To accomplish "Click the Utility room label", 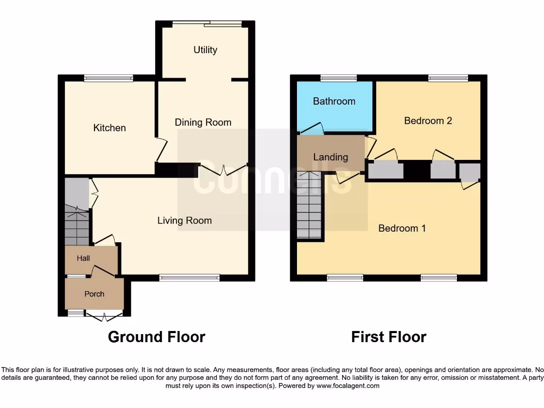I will click(205, 50).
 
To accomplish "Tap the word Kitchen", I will click(109, 128).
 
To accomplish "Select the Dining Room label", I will click(203, 123).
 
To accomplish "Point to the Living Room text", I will click(184, 220).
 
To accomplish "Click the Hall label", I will click(83, 259).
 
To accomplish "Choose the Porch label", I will click(95, 294).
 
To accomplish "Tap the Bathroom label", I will click(334, 101).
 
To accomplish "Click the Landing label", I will click(330, 157).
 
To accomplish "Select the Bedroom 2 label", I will click(428, 121).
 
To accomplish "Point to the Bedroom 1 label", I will click(402, 228).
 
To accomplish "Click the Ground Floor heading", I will click(156, 337).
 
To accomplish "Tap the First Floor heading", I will click(388, 337).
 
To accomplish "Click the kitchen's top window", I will click(108, 79).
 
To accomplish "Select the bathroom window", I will click(338, 79).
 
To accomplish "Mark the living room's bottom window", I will click(189, 277).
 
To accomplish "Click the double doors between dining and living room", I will click(223, 170).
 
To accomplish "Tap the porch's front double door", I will click(104, 317).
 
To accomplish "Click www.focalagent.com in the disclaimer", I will click(347, 386).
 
